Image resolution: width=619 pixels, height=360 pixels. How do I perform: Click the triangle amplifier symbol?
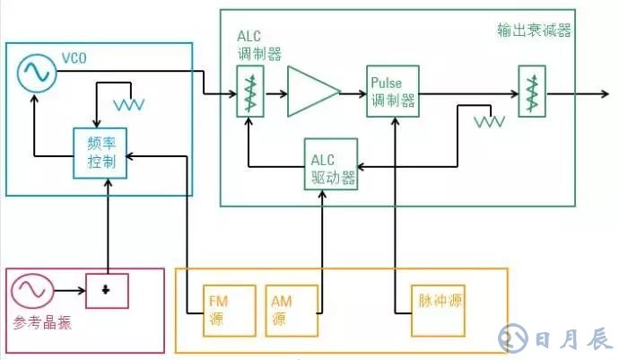point(312,92)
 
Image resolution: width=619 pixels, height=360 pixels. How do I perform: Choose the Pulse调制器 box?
point(393,91)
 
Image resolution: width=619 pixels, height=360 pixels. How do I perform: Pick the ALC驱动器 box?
point(330,165)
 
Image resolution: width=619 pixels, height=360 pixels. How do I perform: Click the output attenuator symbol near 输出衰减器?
point(531,92)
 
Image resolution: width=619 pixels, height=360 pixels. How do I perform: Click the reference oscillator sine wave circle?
point(29,292)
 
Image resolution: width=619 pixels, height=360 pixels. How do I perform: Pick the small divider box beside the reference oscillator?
point(107,290)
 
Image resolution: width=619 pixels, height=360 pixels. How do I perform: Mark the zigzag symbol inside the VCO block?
point(129,105)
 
